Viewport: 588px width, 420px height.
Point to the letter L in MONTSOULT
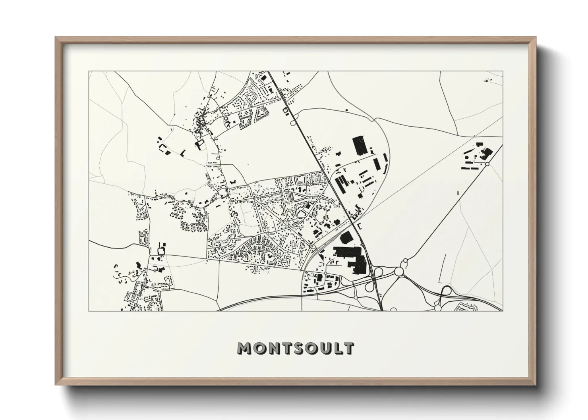[x=336, y=348]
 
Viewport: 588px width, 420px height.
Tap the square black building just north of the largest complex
[x=346, y=237]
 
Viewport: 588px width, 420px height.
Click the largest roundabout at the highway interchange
[x=398, y=272]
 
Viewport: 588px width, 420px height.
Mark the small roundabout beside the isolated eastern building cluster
[x=487, y=164]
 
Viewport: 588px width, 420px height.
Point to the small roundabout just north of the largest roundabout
[x=405, y=261]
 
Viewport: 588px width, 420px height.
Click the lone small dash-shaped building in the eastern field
[x=458, y=193]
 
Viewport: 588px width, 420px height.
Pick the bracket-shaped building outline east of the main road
[x=360, y=226]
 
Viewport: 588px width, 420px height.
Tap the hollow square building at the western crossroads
[x=162, y=250]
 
